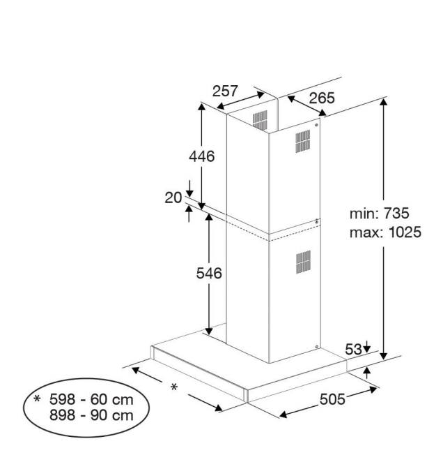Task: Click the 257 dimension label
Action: (x=226, y=91)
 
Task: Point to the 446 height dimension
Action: (x=202, y=156)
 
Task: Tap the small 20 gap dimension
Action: (x=173, y=198)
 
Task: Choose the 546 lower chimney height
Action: (x=208, y=274)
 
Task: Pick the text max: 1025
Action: (x=385, y=232)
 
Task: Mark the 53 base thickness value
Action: (x=353, y=348)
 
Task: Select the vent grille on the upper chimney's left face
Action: (x=259, y=119)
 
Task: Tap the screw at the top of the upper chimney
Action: (x=318, y=126)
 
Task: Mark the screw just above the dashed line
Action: (x=318, y=222)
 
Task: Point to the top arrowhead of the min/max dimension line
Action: (x=384, y=102)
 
